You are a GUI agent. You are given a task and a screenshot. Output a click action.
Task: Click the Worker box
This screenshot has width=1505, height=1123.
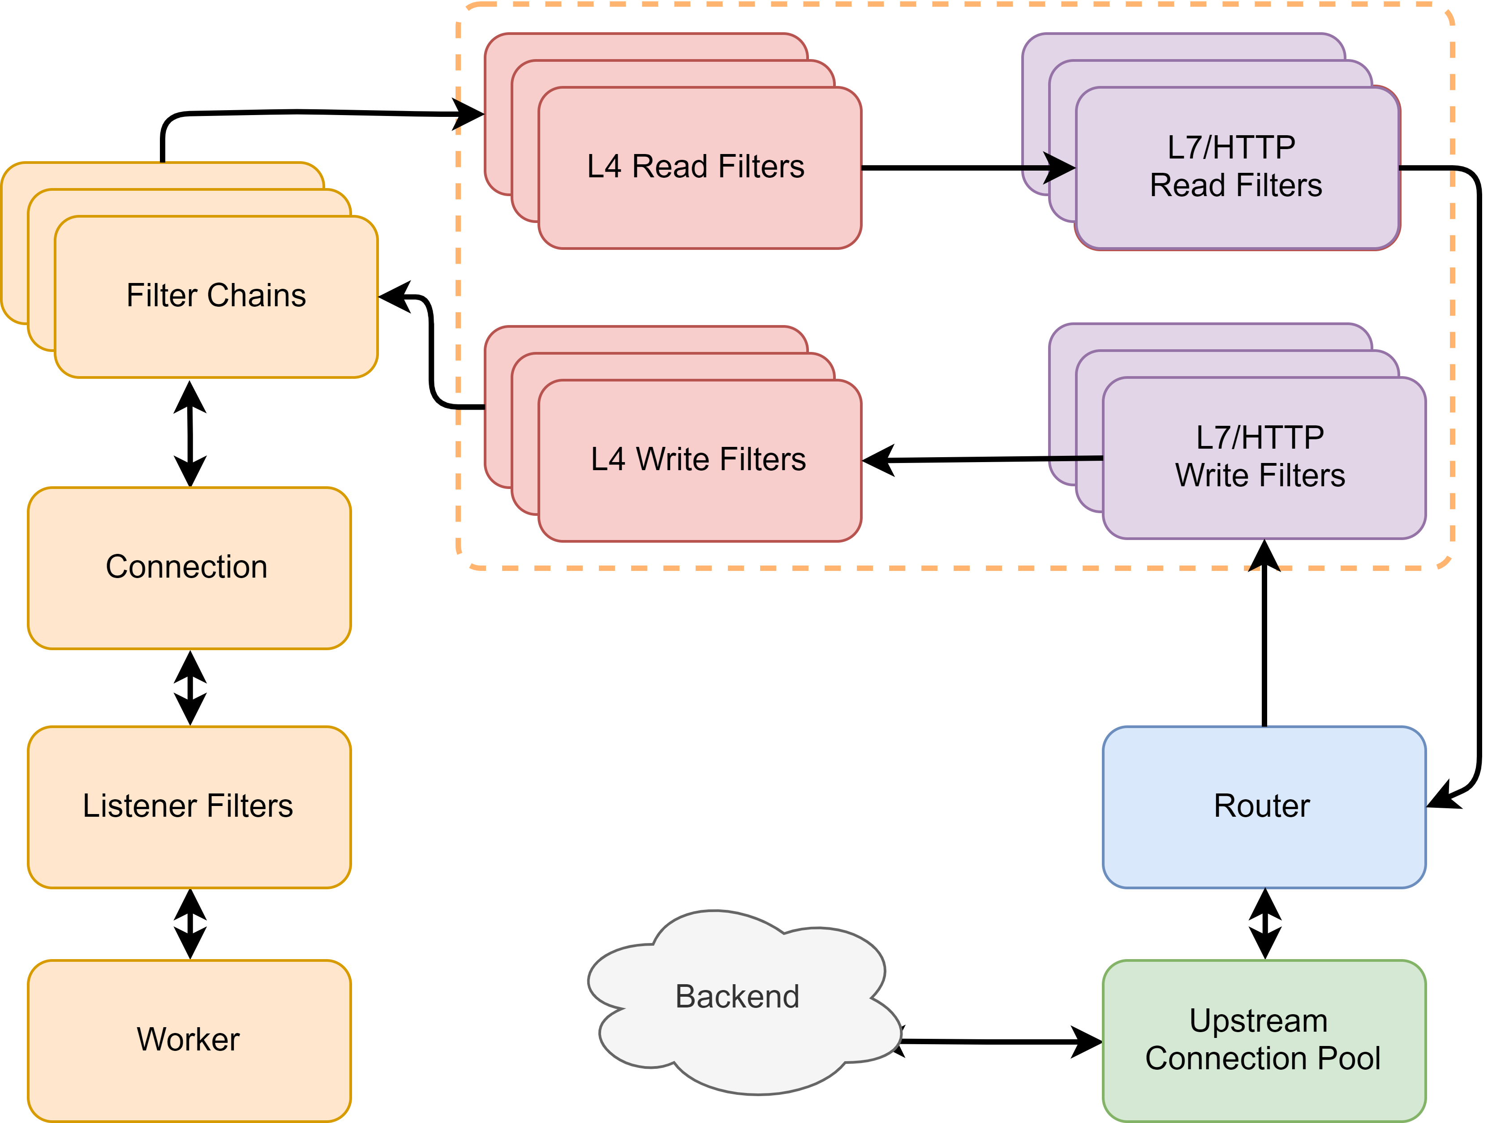[189, 1040]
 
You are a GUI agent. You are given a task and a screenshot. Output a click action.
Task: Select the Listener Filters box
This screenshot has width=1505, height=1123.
[189, 807]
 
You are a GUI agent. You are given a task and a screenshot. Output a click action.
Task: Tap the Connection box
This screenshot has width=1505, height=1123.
[189, 568]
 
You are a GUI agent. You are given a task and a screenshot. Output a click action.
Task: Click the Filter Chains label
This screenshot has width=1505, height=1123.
[216, 296]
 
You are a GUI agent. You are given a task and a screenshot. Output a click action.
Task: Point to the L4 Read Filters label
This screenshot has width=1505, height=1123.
[696, 167]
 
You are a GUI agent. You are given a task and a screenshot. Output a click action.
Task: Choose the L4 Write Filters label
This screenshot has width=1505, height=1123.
[698, 459]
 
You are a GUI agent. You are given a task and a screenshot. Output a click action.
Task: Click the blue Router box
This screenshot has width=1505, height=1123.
[1264, 807]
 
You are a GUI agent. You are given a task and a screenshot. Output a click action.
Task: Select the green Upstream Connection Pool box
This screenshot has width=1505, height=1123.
[1264, 1040]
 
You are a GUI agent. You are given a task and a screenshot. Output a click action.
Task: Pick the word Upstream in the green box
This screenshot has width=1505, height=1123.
[1258, 1021]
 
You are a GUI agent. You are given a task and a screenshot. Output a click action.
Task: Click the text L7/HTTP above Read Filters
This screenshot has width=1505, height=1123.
[1232, 147]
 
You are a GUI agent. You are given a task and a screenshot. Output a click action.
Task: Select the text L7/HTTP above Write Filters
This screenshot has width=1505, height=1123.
[1260, 438]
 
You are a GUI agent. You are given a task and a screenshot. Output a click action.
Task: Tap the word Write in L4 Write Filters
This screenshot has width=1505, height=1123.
[673, 459]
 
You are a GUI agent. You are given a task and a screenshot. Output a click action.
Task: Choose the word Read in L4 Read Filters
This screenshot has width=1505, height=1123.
[670, 167]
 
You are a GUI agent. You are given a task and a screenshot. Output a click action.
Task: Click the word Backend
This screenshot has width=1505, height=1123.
[738, 997]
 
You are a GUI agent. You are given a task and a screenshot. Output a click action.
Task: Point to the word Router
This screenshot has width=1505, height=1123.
[1262, 806]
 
